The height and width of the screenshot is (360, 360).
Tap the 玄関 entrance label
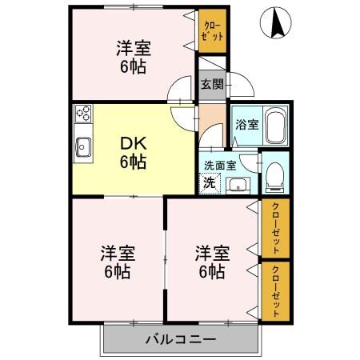point(210,86)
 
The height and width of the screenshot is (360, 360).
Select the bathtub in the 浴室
point(276,126)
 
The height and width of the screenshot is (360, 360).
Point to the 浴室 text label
point(246,125)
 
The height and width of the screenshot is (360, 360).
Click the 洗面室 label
point(219,165)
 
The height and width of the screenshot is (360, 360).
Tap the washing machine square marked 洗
point(208,182)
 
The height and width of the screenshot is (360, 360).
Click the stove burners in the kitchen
point(83,114)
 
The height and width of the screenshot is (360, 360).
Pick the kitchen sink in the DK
point(83,146)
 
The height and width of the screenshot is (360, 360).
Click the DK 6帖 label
point(132,151)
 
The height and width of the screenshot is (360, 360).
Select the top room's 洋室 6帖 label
point(132,57)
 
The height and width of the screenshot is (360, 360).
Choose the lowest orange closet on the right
point(275,290)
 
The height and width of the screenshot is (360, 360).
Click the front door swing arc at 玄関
point(241,86)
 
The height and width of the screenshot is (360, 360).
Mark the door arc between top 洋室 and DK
point(182,90)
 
